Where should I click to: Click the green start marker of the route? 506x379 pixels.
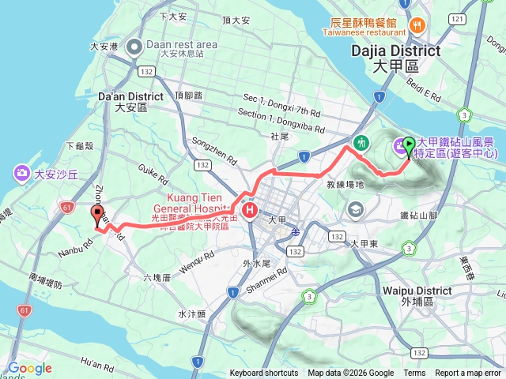(409, 145)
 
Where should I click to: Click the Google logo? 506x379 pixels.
(30, 368)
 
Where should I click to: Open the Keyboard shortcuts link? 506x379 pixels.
(264, 373)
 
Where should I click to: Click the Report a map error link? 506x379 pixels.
(469, 373)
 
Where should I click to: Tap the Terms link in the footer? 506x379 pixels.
(414, 373)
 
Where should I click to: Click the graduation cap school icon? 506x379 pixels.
(355, 209)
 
